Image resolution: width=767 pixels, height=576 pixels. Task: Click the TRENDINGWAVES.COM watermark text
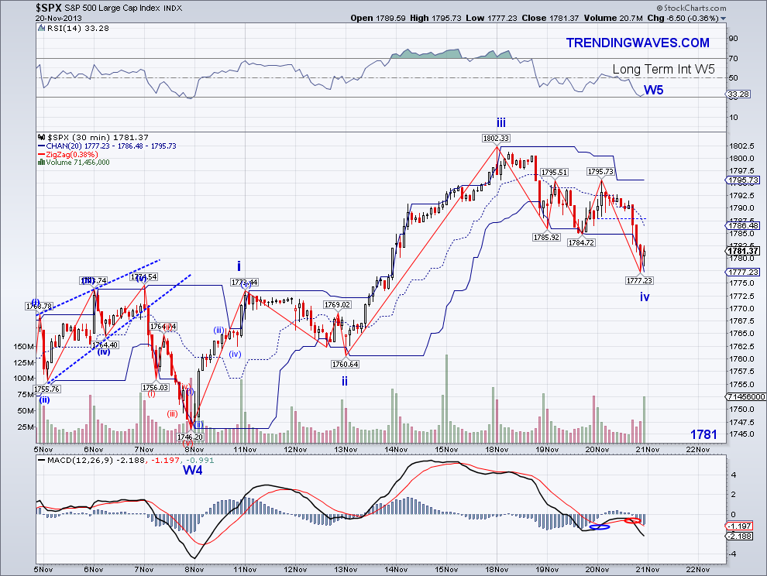(638, 43)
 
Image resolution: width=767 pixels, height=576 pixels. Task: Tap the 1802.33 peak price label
(496, 138)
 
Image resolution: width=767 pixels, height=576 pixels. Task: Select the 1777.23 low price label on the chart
(640, 280)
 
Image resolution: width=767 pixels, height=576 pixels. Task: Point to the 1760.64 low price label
(344, 364)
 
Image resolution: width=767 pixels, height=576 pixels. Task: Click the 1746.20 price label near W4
(190, 437)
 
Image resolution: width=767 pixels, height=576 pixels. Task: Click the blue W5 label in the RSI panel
(654, 90)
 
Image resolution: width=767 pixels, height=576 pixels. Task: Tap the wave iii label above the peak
(501, 122)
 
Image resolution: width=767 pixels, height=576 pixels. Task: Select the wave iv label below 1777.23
(645, 297)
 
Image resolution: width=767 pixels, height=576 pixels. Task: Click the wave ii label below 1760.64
(345, 381)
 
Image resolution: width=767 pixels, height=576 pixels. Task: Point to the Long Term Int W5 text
(663, 70)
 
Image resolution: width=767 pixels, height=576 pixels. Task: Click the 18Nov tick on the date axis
(497, 448)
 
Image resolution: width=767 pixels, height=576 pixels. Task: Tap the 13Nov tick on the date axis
(346, 448)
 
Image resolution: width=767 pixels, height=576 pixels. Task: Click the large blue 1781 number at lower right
(706, 435)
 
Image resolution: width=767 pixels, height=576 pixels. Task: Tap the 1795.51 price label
(555, 172)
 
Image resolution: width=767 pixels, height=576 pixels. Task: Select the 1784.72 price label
(581, 242)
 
